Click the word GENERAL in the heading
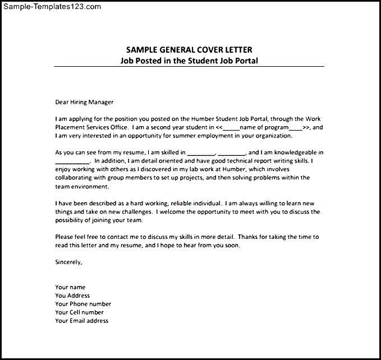coord(174,50)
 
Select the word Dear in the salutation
coord(62,102)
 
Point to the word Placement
coord(71,127)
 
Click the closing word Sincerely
coord(68,262)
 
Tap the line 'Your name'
coord(70,287)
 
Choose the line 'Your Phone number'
coord(83,304)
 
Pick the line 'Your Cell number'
coord(79,312)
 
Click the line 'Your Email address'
coord(81,321)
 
